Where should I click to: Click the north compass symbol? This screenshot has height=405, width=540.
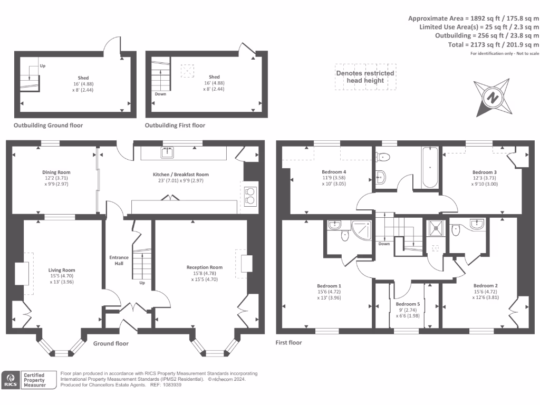click(493, 98)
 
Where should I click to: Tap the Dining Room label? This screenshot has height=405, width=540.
click(56, 172)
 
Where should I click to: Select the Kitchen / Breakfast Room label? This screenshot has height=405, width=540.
click(181, 175)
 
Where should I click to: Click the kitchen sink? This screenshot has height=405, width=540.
click(168, 153)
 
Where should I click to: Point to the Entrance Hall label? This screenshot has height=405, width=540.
click(119, 260)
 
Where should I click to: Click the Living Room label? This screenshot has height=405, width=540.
click(62, 270)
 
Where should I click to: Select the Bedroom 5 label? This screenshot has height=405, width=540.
click(408, 304)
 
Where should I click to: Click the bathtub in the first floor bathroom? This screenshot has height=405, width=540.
click(430, 167)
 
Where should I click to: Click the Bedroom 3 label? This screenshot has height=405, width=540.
click(484, 172)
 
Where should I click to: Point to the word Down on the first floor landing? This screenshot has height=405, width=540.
click(384, 244)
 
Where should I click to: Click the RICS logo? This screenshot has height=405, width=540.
click(11, 380)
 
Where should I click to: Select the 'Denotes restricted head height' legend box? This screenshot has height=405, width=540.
click(365, 77)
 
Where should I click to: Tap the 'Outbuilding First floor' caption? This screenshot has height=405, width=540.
click(175, 126)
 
